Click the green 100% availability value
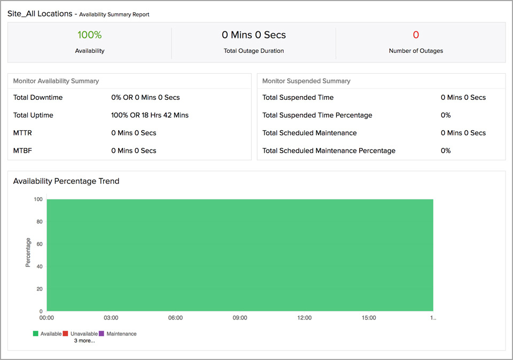pyautogui.click(x=89, y=35)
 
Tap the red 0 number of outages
pyautogui.click(x=416, y=35)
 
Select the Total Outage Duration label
pyautogui.click(x=254, y=51)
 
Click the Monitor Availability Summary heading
pyautogui.click(x=56, y=81)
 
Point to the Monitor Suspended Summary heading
pyautogui.click(x=306, y=81)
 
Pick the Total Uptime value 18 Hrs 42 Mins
pyautogui.click(x=150, y=115)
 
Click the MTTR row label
pyautogui.click(x=22, y=132)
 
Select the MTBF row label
pyautogui.click(x=22, y=151)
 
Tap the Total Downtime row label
pyautogui.click(x=38, y=97)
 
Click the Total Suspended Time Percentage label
pyautogui.click(x=317, y=115)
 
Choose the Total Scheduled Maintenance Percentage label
pyautogui.click(x=329, y=151)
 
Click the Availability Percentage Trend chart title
pyautogui.click(x=66, y=181)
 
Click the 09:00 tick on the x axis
pyautogui.click(x=240, y=318)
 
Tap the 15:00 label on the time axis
pyautogui.click(x=369, y=318)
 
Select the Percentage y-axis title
pyautogui.click(x=28, y=253)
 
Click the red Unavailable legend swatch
pyautogui.click(x=65, y=334)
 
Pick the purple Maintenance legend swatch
pyautogui.click(x=102, y=334)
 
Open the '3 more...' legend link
pyautogui.click(x=84, y=341)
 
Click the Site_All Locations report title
pyautogui.click(x=40, y=14)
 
